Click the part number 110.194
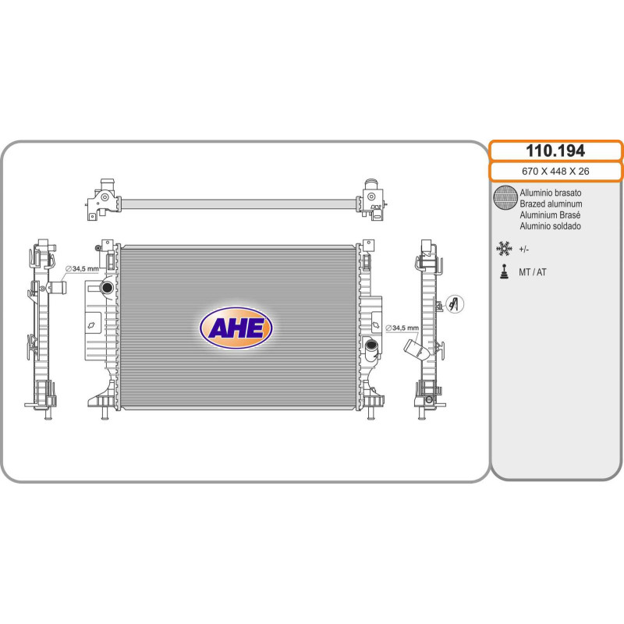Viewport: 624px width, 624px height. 555,151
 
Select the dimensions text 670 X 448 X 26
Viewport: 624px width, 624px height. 555,171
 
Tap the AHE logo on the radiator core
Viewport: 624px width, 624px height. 236,328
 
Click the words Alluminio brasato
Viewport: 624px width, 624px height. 550,193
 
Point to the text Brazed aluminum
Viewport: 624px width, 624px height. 551,204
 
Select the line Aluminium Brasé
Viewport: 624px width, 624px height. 550,215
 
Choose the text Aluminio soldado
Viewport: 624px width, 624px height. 550,226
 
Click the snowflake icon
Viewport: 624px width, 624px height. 504,249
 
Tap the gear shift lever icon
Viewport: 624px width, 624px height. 504,271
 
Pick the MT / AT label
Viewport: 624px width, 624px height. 533,272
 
